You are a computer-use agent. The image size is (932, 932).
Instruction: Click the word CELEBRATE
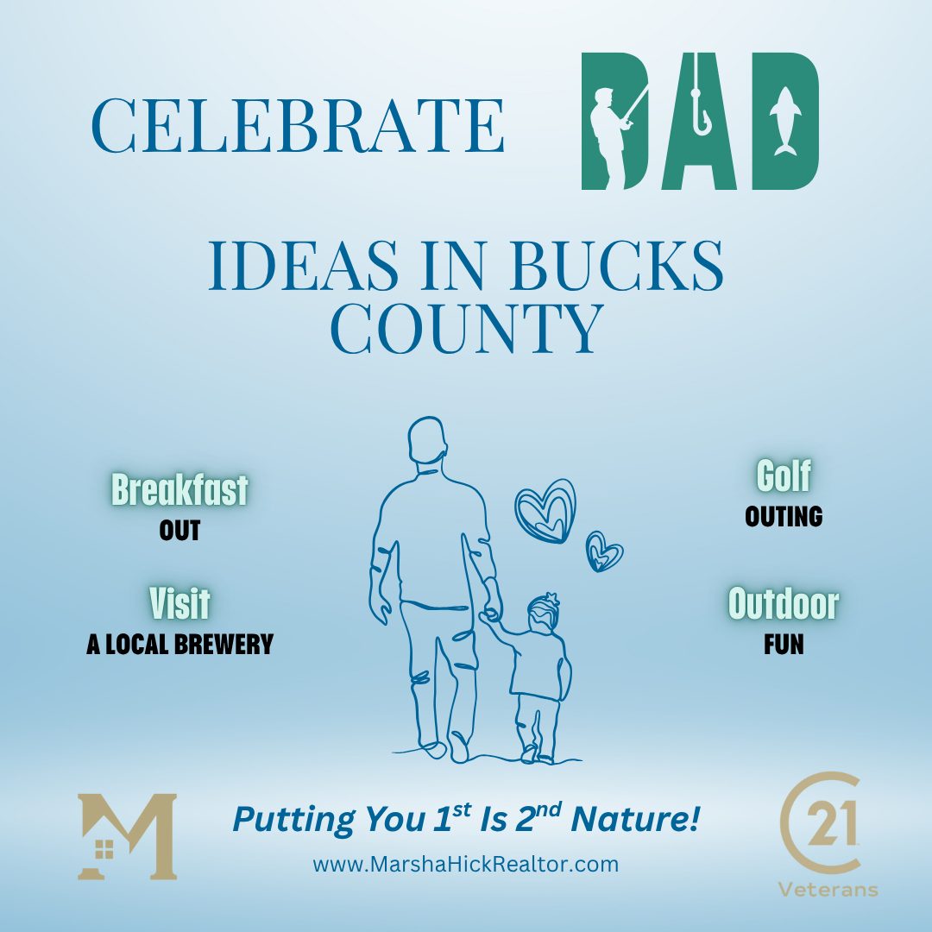(298, 125)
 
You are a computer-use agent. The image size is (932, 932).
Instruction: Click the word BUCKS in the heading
(616, 266)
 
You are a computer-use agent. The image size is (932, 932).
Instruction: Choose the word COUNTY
(467, 328)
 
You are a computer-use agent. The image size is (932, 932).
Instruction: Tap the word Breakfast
(179, 490)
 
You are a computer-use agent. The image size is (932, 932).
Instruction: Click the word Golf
(784, 476)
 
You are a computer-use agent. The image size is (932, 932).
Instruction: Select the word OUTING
(784, 517)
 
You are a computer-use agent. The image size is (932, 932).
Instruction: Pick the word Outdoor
(784, 603)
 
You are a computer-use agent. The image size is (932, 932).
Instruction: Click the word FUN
(784, 645)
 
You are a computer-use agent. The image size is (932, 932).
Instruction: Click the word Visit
(179, 603)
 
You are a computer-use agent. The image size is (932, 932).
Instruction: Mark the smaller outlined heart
(603, 551)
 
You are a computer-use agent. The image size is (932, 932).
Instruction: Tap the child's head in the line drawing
(543, 613)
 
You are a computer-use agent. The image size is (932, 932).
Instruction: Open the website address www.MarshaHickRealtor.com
(466, 864)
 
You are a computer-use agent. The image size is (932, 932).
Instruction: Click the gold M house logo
(127, 836)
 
